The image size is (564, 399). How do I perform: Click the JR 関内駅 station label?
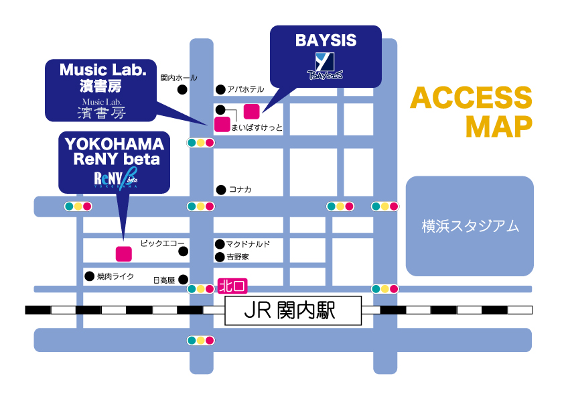[292, 311]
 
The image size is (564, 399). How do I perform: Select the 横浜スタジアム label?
[470, 226]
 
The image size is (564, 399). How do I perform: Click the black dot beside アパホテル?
[220, 89]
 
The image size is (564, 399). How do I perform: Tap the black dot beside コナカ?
[220, 190]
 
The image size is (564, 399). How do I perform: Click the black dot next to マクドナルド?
[219, 244]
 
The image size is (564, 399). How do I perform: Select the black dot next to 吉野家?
[219, 257]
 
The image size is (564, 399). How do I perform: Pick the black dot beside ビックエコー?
[183, 251]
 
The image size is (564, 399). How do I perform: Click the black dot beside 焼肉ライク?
[89, 276]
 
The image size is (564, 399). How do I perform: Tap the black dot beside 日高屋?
[183, 280]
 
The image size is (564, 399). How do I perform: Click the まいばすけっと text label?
[257, 127]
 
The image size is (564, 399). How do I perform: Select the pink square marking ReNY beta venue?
[123, 253]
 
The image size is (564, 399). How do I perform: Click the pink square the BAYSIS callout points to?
[251, 111]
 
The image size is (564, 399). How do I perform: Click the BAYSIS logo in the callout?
[325, 66]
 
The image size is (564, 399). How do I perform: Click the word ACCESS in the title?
[471, 99]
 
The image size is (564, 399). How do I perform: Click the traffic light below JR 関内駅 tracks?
[200, 340]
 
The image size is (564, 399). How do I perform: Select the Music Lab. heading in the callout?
[102, 70]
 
